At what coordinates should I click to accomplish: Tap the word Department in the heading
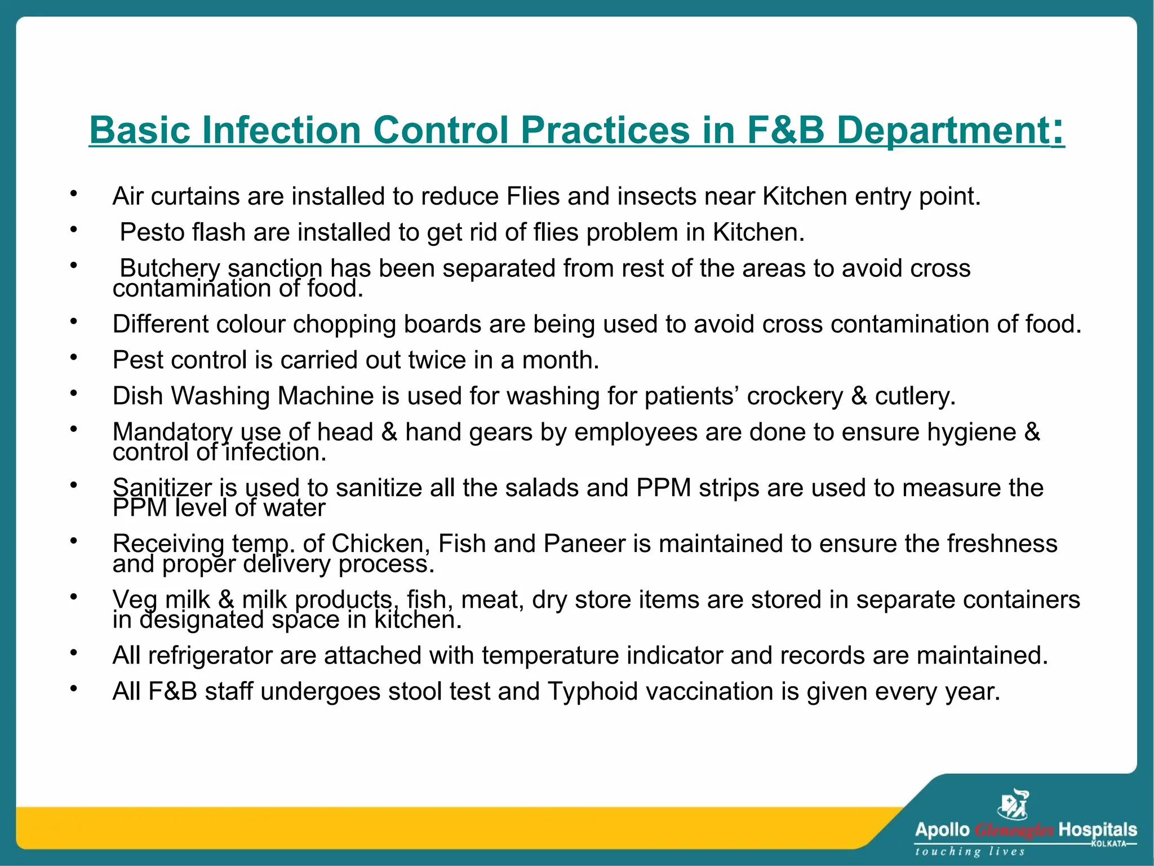click(x=942, y=130)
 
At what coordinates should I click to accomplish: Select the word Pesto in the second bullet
click(x=152, y=232)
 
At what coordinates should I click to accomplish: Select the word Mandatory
click(x=172, y=432)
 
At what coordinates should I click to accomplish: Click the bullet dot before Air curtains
click(x=73, y=194)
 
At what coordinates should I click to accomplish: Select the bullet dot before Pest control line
click(x=73, y=357)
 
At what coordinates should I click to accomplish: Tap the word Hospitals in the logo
click(x=1097, y=830)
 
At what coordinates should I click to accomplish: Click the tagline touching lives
click(x=969, y=851)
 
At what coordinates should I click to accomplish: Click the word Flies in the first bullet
click(x=532, y=196)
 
